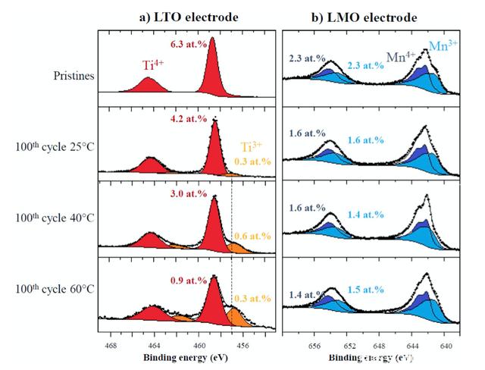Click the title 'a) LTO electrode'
180,17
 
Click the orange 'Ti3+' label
252,147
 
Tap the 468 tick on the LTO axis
111,346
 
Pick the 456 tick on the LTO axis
243,346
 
